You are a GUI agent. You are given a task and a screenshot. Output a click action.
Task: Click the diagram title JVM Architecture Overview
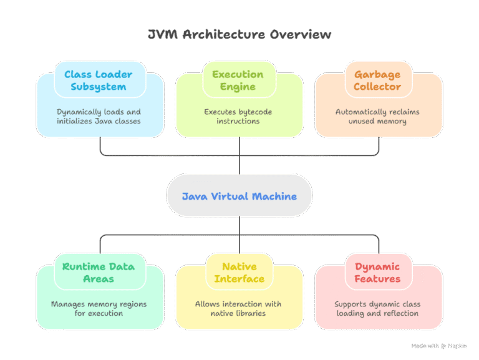[239, 34]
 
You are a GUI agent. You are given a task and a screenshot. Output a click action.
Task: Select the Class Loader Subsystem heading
[100, 80]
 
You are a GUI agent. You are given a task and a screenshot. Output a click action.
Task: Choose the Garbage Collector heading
[378, 80]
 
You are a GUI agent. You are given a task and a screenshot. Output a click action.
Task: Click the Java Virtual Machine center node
[239, 196]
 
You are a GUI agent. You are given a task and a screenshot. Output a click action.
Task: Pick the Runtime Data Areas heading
[100, 272]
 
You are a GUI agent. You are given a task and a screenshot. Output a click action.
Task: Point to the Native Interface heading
[239, 272]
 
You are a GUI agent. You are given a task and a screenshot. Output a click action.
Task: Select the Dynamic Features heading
[378, 272]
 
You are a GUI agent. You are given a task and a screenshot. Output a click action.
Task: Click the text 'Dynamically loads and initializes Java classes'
[100, 116]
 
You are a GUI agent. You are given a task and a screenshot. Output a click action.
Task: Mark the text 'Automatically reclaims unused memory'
[378, 116]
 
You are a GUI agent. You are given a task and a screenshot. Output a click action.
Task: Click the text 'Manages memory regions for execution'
[100, 308]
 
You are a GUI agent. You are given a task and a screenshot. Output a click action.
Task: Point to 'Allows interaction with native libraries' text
[239, 308]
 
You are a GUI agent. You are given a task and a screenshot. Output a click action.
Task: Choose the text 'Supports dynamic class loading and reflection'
[378, 308]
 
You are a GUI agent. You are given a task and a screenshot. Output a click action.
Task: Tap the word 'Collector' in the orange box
[378, 87]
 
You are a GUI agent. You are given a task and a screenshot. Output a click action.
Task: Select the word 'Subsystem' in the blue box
[100, 87]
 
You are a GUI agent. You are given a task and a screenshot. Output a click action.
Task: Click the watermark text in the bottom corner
[440, 345]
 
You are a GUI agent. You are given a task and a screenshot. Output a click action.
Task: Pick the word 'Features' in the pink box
[378, 279]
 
